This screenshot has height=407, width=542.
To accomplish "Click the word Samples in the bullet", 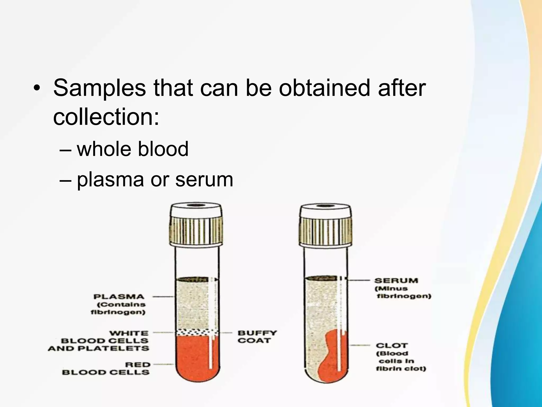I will click(99, 88).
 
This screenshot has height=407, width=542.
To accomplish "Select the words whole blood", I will click(132, 149).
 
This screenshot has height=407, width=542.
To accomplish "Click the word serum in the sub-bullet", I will click(204, 180).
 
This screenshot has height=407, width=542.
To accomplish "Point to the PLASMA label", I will click(119, 297).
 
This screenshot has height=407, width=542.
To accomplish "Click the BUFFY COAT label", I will click(257, 337).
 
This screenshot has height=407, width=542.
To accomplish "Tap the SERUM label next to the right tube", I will click(396, 280).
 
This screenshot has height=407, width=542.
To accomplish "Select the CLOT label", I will click(392, 346).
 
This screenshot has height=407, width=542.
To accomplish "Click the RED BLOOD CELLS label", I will click(106, 369).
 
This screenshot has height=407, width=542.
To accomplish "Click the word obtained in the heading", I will click(324, 88).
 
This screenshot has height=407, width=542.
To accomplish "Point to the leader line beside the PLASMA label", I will click(163, 297).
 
